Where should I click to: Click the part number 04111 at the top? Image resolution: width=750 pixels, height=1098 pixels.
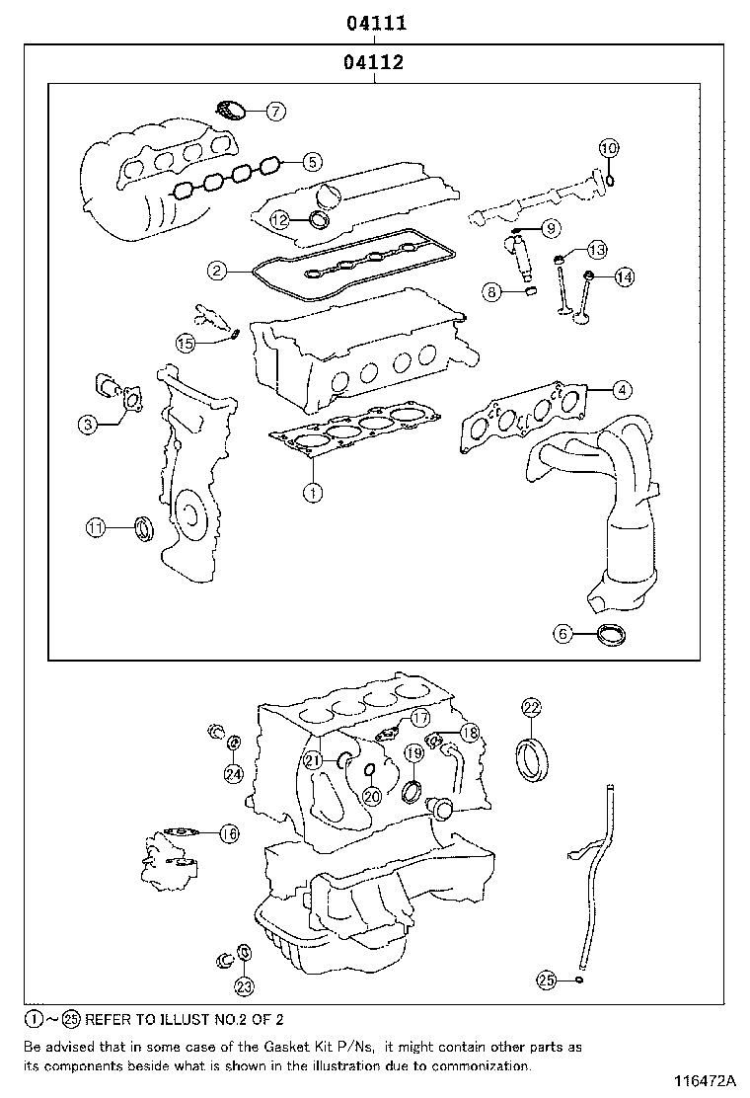(375, 23)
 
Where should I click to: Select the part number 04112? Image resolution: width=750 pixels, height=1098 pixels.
(375, 63)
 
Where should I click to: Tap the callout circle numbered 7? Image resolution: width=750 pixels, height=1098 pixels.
(275, 112)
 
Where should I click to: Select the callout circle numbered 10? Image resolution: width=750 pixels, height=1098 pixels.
(609, 148)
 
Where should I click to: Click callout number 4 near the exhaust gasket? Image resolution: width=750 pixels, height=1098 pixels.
(620, 390)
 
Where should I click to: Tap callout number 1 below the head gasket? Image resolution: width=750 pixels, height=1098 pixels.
(312, 491)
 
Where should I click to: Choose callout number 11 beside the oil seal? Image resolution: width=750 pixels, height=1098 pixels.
(95, 528)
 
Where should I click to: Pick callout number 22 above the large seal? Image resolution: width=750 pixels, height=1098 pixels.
(531, 707)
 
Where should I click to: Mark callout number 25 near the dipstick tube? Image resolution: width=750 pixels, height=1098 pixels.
(547, 980)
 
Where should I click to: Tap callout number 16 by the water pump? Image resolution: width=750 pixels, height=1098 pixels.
(228, 834)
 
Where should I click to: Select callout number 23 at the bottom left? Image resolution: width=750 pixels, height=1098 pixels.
(244, 985)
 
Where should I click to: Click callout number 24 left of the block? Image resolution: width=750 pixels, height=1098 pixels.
(233, 773)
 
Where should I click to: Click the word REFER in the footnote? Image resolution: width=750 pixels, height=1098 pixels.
(109, 1019)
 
